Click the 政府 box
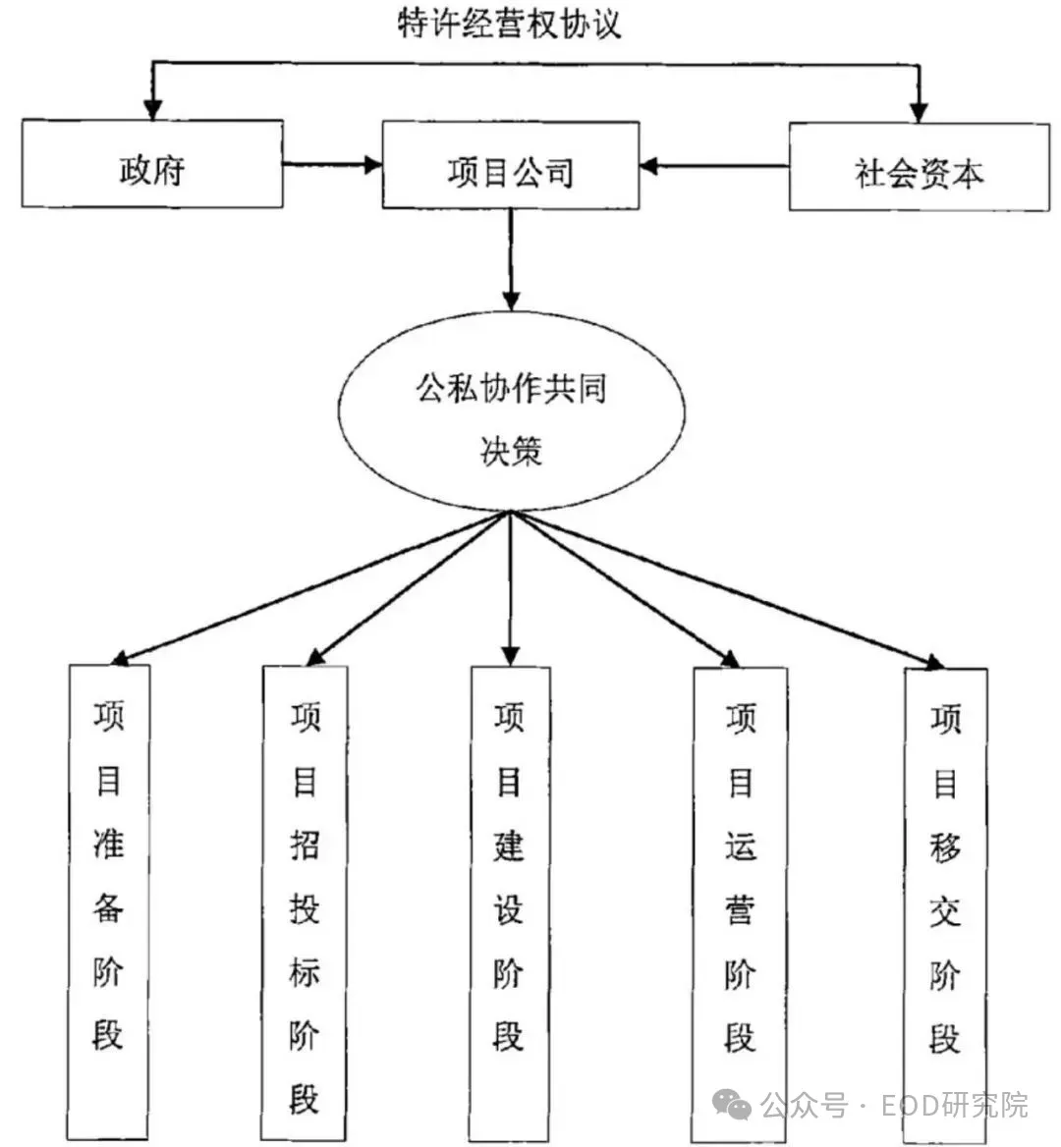point(152,164)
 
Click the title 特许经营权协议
point(510,24)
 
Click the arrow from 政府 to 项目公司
point(331,165)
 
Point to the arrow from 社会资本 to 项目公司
point(714,166)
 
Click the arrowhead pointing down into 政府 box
point(151,107)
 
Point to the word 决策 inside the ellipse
point(510,451)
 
